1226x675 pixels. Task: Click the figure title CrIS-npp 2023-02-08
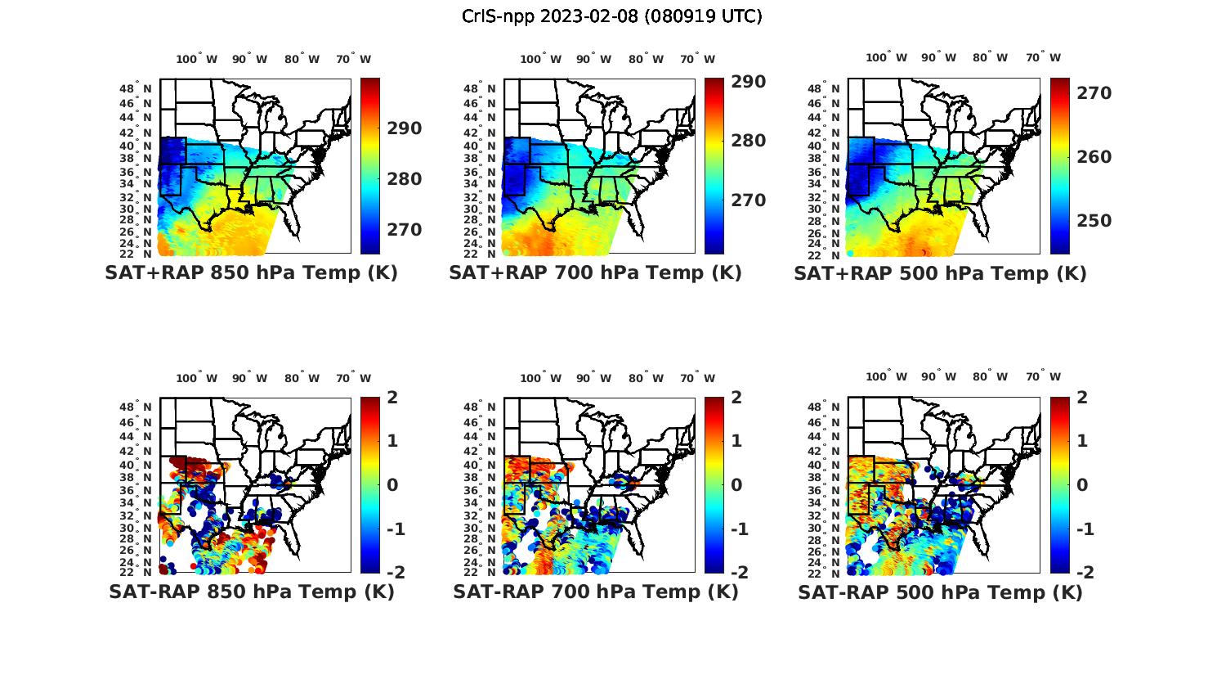tap(612, 16)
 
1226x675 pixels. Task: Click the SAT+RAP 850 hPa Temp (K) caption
tap(251, 273)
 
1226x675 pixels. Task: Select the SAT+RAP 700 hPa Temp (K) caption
tap(595, 273)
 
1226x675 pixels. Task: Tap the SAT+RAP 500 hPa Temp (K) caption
tap(940, 273)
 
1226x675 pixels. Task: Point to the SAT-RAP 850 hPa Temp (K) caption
tap(251, 592)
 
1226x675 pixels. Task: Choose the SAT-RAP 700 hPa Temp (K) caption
tap(595, 592)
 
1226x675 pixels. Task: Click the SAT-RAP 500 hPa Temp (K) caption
tap(940, 592)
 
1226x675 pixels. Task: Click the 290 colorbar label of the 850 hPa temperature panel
tap(405, 128)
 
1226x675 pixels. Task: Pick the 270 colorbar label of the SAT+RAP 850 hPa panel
tap(405, 230)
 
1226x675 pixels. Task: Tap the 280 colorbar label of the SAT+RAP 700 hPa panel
tap(749, 141)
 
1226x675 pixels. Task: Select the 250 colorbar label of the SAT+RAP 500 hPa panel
tap(1094, 221)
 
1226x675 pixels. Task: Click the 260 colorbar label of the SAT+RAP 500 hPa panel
tap(1094, 157)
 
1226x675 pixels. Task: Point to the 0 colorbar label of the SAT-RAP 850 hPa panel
tap(392, 485)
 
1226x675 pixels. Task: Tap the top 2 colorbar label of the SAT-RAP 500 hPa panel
tap(1081, 398)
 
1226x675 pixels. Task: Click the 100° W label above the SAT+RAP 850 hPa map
tap(197, 59)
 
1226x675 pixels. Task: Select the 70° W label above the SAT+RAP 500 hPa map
tap(1043, 57)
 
